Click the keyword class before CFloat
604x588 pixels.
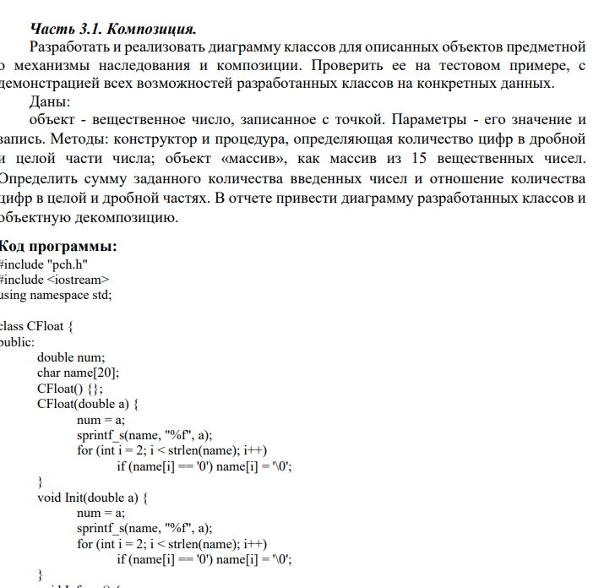12,326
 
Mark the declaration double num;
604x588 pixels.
70,357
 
